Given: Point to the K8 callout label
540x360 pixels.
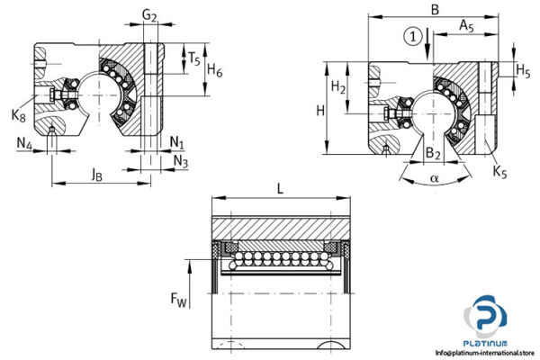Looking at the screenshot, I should (x=19, y=114).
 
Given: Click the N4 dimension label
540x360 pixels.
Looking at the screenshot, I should (x=24, y=143).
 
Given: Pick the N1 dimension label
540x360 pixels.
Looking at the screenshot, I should (x=177, y=143).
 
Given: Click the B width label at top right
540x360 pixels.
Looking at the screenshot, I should (x=435, y=10).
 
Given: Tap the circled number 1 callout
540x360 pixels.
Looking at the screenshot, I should (x=411, y=37).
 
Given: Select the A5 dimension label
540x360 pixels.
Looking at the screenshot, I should (x=467, y=27).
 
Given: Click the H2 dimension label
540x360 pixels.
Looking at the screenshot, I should (x=338, y=87).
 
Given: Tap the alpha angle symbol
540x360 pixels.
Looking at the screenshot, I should (x=435, y=179).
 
